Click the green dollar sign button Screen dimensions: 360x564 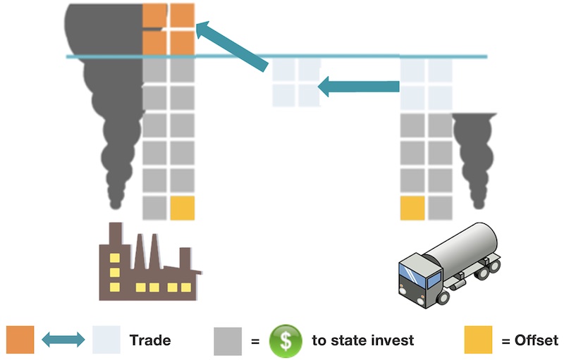tap(284, 341)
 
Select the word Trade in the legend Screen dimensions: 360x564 tap(150, 341)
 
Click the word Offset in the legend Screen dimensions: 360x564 tap(529, 341)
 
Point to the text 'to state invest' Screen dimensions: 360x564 tap(362, 341)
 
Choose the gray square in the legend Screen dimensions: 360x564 tap(227, 340)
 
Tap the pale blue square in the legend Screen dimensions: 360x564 tap(106, 340)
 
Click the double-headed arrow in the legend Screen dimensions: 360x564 tap(63, 340)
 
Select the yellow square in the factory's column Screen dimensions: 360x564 tap(182, 208)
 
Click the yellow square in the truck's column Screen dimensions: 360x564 tap(412, 208)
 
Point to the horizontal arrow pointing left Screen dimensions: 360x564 tap(359, 87)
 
